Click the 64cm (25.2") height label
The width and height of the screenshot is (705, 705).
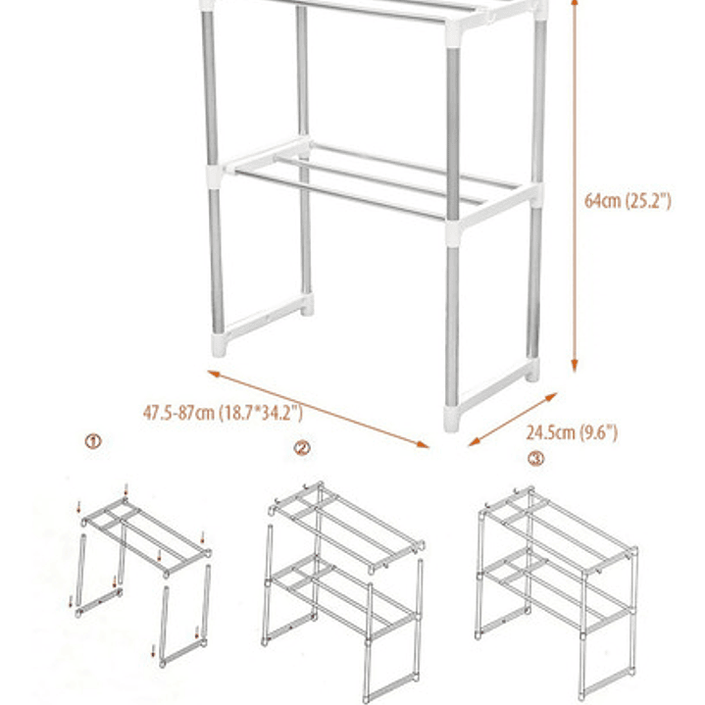[x=628, y=201]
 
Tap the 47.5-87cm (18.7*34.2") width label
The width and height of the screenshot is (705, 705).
[x=223, y=413]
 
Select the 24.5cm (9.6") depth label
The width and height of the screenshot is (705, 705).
[x=572, y=432]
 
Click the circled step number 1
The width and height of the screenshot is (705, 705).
[x=93, y=441]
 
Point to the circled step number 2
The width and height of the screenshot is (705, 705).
[x=302, y=448]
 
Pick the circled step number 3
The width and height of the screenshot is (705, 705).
[x=535, y=459]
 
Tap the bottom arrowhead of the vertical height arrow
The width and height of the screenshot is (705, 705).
[x=575, y=366]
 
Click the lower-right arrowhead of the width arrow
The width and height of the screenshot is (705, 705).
[x=423, y=445]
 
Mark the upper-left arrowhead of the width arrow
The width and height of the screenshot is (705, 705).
[x=213, y=374]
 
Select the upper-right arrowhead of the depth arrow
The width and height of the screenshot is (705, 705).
[x=552, y=397]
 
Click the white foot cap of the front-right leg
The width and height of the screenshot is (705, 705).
[x=451, y=419]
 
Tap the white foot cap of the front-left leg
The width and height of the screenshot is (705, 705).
[x=219, y=345]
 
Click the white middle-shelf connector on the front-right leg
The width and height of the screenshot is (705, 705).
[x=453, y=232]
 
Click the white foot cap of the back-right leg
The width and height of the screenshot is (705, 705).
[x=532, y=370]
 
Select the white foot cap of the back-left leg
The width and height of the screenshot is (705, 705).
[x=308, y=305]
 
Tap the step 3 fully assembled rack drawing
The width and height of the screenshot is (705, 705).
[x=557, y=593]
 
